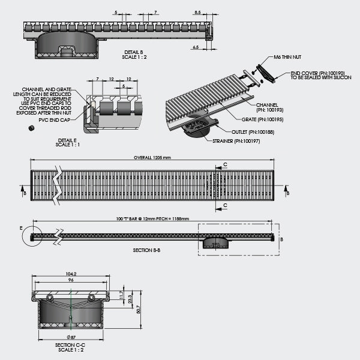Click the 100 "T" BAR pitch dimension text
point(152,219)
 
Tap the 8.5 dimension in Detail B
point(197,11)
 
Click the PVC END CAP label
point(52,120)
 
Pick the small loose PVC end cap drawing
point(31,128)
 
